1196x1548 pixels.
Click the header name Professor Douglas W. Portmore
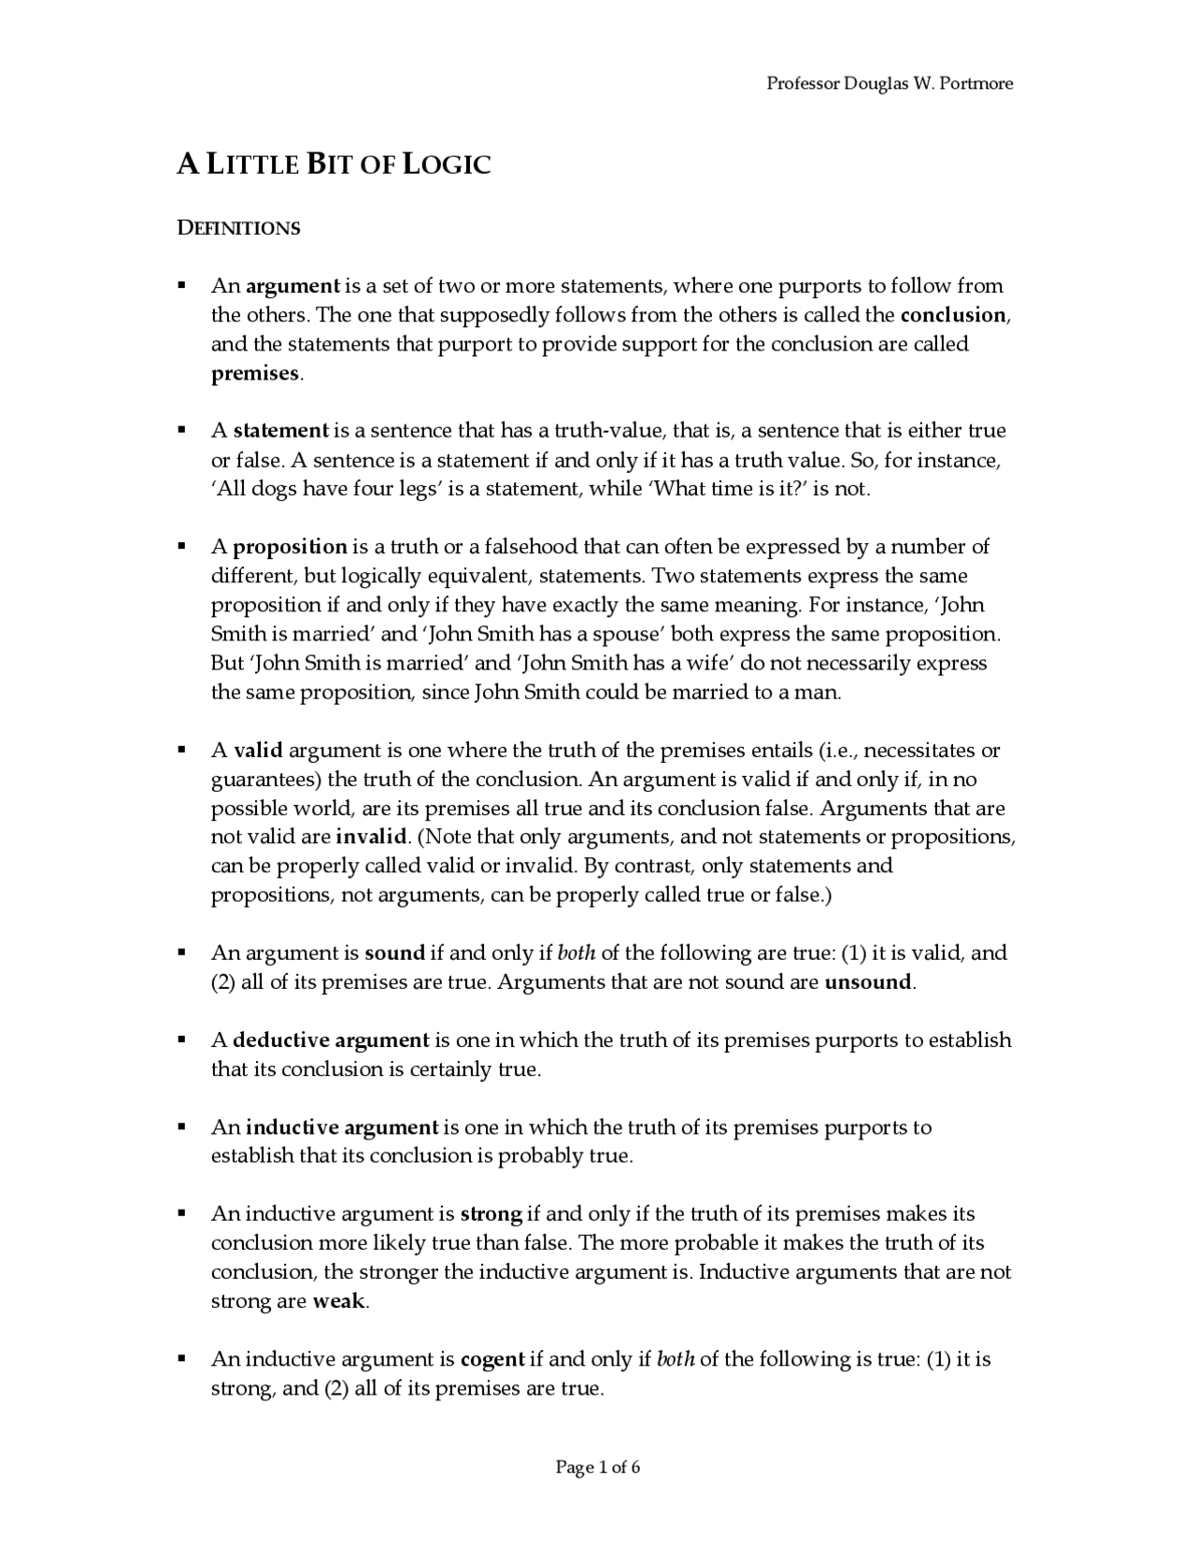click(x=890, y=83)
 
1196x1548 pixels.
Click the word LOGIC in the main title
click(x=444, y=165)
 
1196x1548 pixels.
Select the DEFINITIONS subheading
click(x=238, y=228)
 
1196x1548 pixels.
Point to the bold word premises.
click(x=255, y=373)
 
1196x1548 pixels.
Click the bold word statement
click(x=280, y=431)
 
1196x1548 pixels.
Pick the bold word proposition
click(x=290, y=547)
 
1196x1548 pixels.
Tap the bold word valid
click(x=258, y=751)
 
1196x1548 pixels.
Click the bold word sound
click(x=394, y=953)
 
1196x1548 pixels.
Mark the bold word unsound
click(x=867, y=982)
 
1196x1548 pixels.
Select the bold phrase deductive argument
click(x=331, y=1040)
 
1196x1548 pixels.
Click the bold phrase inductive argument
click(x=342, y=1127)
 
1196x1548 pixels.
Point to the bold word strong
click(x=491, y=1214)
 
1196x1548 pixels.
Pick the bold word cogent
click(x=492, y=1359)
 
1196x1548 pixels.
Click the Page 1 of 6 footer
click(x=598, y=1468)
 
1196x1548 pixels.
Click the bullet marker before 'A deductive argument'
click(x=182, y=1039)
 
